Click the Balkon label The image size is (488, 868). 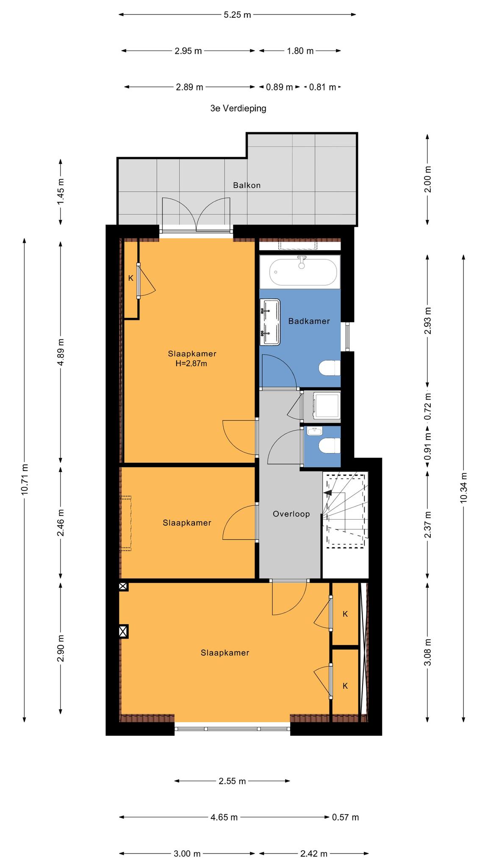247,185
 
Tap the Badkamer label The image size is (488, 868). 309,321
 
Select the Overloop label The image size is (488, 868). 291,514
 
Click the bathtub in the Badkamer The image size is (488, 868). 303,272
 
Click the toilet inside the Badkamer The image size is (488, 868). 329,368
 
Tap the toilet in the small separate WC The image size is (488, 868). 330,446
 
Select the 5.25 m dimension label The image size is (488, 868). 237,15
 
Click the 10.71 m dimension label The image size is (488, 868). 25,479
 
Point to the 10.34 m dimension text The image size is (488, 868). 463,487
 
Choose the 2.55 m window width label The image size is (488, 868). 232,781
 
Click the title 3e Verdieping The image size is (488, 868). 238,108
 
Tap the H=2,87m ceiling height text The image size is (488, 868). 191,363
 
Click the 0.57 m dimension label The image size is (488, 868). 345,817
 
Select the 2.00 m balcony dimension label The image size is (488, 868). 427,179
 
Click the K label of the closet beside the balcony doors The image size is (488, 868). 131,278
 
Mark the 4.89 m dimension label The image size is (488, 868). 61,352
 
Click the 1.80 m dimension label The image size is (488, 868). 300,51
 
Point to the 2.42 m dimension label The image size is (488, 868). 314,854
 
